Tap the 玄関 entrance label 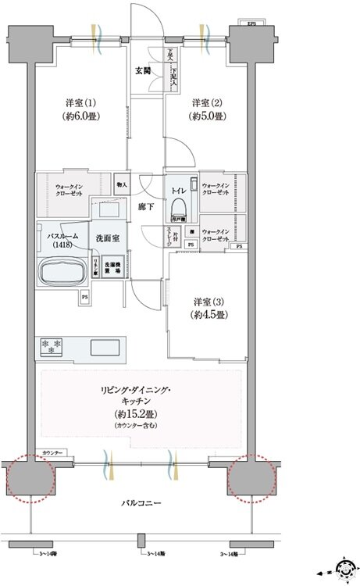[x=143, y=70]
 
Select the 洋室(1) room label [x=80, y=109]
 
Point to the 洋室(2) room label [x=209, y=109]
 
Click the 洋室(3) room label [x=210, y=307]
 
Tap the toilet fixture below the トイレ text [x=180, y=207]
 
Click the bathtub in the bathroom [x=64, y=273]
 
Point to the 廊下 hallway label [x=146, y=206]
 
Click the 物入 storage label [x=122, y=184]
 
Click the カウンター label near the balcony [x=53, y=452]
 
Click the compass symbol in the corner [x=343, y=568]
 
